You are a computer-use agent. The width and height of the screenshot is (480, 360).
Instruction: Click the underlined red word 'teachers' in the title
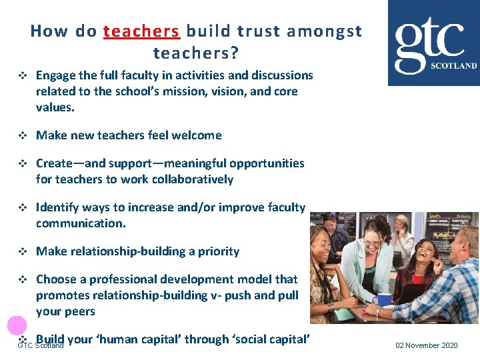pos(141,31)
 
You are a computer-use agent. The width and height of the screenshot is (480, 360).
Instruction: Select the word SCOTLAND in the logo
pos(453,66)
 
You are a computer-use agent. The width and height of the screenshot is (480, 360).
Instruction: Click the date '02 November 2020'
pos(427,345)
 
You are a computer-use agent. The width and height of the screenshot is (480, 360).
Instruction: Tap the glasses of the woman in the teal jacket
pos(371,245)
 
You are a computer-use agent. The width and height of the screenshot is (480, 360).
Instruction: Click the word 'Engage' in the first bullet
pos(56,75)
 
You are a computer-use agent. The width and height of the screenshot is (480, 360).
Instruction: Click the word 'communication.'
pos(81,223)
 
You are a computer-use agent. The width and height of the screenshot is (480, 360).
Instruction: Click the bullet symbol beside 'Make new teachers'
pos(21,135)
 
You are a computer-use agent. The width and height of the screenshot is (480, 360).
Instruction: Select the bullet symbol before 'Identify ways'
pos(21,207)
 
